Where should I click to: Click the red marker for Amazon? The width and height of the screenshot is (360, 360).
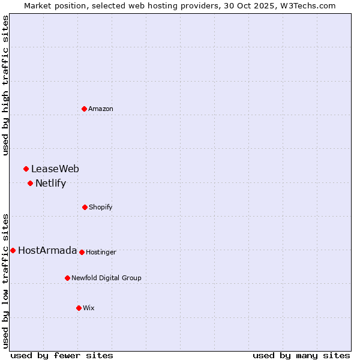84,109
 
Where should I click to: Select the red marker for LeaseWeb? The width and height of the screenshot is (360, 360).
26,169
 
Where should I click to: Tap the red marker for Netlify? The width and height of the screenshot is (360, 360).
30,183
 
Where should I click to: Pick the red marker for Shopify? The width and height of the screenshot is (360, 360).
85,207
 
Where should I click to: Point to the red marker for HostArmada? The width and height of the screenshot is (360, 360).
13,250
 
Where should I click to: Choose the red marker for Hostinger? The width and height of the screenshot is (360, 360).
82,252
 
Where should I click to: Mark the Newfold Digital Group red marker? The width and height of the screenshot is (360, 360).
67,278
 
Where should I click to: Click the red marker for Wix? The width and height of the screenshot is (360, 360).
79,308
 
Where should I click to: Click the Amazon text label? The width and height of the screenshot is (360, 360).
101,109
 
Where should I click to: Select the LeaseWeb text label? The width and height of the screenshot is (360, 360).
55,169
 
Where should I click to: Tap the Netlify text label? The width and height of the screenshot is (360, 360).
50,184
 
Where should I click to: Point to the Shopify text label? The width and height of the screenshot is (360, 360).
101,208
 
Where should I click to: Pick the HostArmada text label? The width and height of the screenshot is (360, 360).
47,251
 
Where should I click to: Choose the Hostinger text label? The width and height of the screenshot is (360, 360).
101,253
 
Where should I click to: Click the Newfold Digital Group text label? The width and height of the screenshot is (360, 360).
106,278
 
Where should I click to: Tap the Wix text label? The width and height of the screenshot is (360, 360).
89,308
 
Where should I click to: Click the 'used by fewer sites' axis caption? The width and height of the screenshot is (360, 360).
62,355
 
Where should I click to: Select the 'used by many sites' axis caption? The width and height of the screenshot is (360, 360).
301,355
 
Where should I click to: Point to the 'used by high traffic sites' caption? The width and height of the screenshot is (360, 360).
6,85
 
